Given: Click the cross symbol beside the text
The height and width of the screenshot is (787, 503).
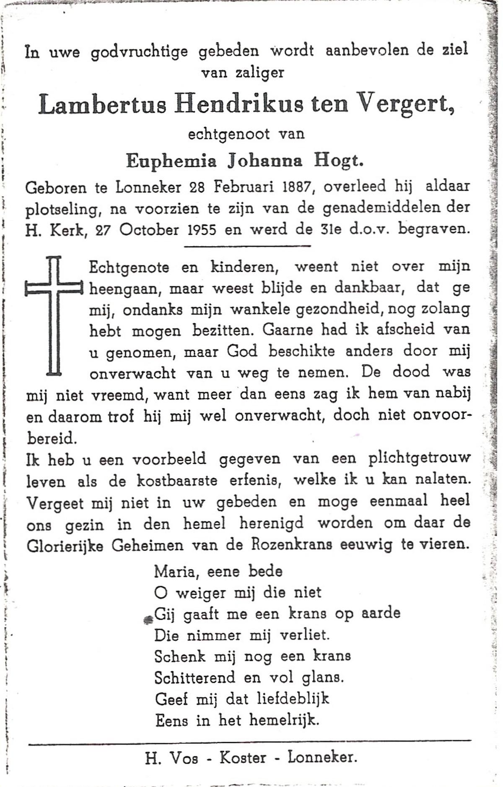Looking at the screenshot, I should [54, 314].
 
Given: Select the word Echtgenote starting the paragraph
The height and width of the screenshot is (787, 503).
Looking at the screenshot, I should [129, 267].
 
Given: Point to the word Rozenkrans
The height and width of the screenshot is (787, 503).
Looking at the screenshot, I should [291, 545].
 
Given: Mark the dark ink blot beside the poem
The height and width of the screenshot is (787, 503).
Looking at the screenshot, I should [147, 620].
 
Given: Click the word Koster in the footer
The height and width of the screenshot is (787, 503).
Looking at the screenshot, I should [243, 757].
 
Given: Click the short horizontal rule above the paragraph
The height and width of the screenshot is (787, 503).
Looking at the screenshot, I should [247, 246].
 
